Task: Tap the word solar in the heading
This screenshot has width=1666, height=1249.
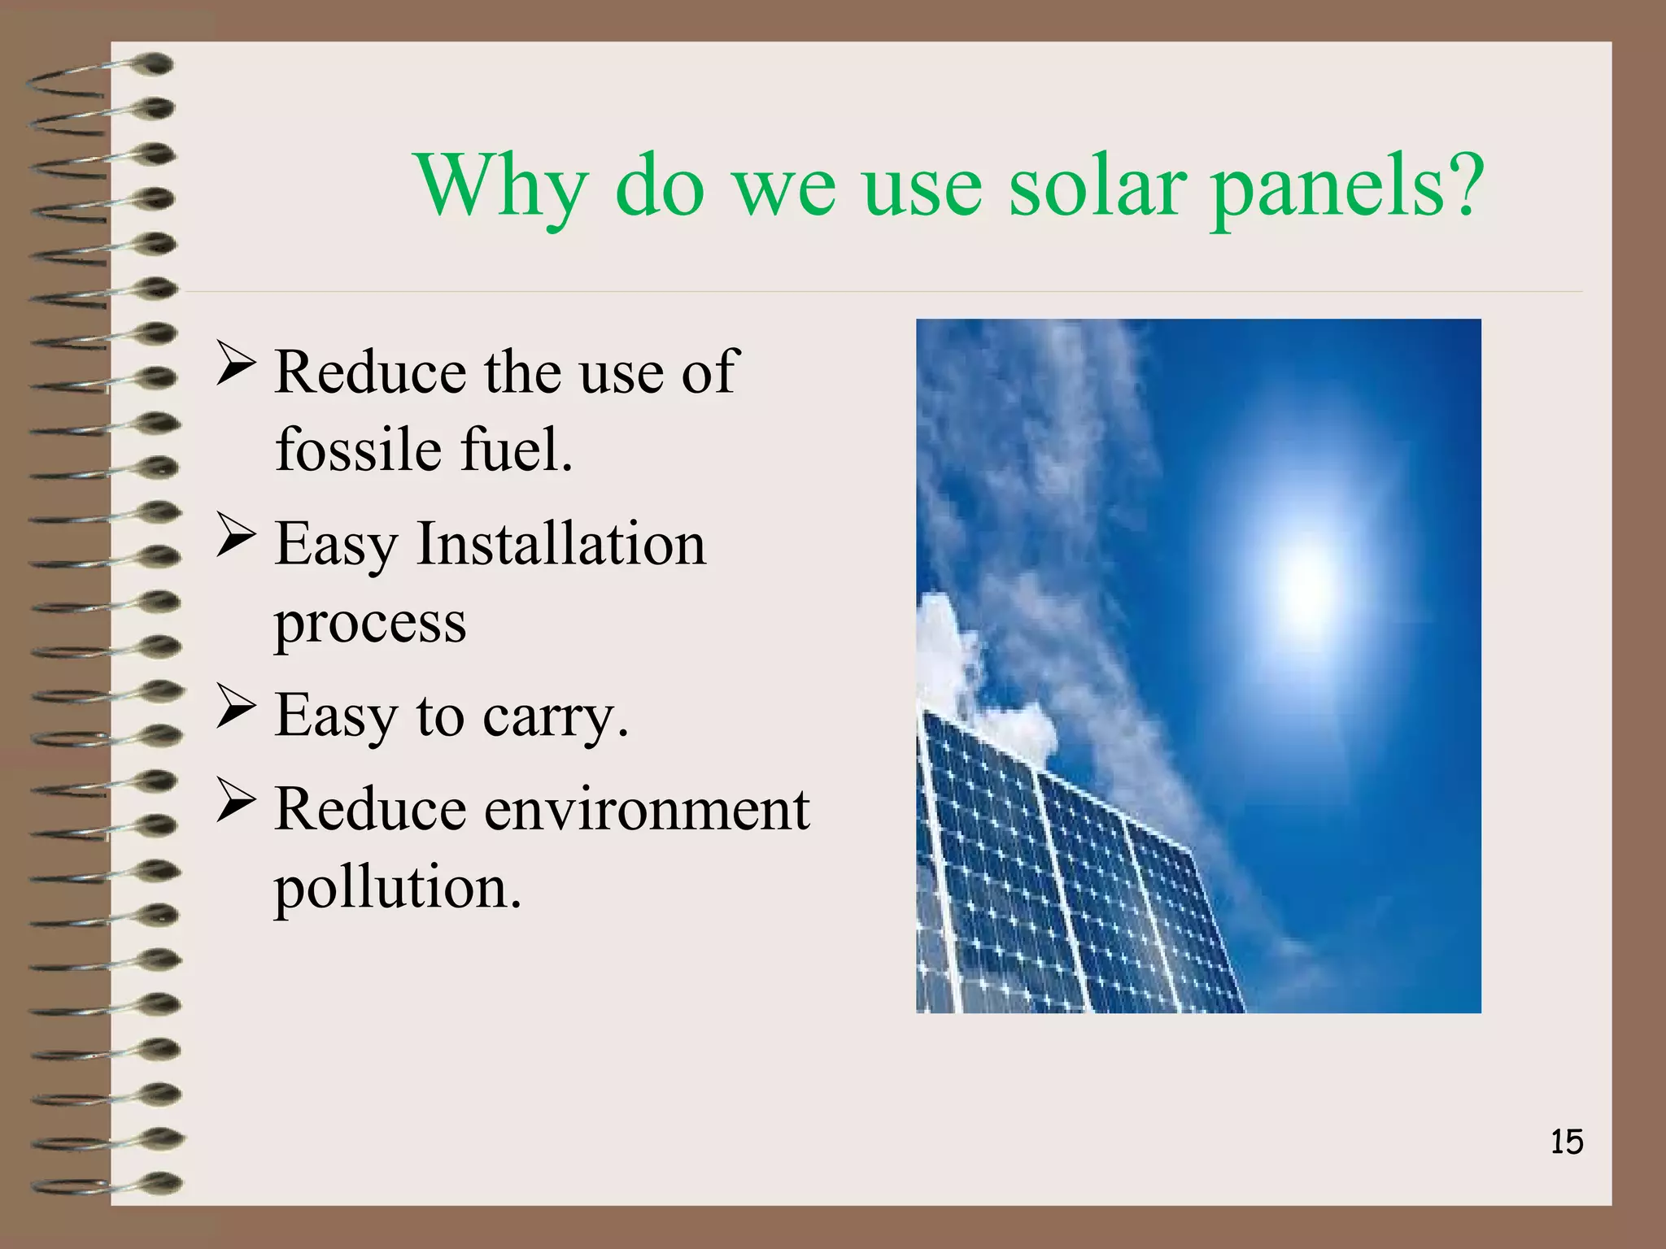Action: tap(1092, 187)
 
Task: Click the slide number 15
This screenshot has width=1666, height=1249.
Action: tap(1566, 1142)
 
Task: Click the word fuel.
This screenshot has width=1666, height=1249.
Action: tap(517, 449)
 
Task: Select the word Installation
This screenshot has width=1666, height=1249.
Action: tap(560, 543)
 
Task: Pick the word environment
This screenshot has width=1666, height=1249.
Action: tap(647, 809)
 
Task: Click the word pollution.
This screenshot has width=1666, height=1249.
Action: tap(397, 888)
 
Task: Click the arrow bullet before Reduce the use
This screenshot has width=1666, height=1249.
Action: tap(236, 363)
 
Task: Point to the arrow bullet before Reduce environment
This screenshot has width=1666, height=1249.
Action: tap(236, 801)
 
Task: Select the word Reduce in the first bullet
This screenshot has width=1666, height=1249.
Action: tap(370, 372)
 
